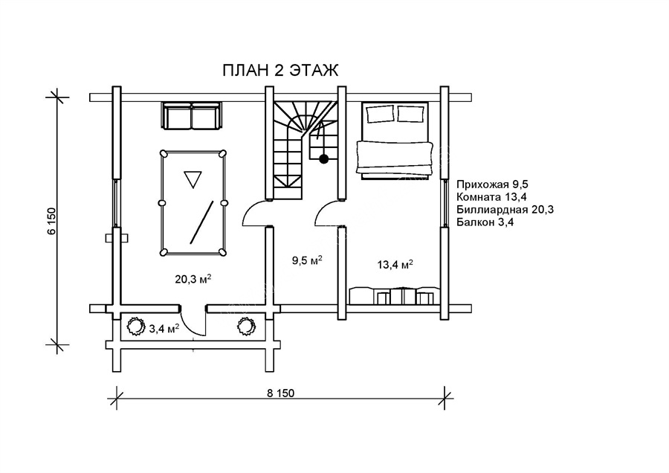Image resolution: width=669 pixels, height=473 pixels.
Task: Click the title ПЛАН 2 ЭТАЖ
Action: coord(280,70)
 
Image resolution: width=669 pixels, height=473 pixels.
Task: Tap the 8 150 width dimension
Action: coord(281,393)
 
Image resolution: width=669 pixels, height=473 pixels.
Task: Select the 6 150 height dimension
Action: coord(52,221)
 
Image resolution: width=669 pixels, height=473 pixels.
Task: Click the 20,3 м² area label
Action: coord(194,279)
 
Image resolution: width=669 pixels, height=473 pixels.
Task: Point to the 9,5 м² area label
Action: coord(307,260)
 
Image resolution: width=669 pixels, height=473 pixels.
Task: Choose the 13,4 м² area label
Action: coord(395,265)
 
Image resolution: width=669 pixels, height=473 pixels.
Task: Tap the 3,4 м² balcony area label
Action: coord(164,328)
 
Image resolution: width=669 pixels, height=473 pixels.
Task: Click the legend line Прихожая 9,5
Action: coord(492,185)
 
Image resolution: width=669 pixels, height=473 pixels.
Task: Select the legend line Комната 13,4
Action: coord(491,197)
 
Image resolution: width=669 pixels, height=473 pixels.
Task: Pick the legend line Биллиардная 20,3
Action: coord(505,210)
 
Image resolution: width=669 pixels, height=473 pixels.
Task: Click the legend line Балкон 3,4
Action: coord(485,222)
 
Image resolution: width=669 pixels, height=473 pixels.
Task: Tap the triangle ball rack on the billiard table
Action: coord(193,179)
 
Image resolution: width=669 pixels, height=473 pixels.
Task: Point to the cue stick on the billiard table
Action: coord(201,222)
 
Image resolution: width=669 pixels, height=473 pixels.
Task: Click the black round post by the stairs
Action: coord(324,159)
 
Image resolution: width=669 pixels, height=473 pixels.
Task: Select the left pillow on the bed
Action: coord(381,114)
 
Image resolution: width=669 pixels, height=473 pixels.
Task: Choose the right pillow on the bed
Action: coord(411,114)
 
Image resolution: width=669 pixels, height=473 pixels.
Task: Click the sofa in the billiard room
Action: coord(192,116)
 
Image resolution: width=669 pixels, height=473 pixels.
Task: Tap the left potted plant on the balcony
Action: coord(136,327)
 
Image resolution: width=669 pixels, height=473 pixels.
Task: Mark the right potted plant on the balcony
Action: coord(246,327)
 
